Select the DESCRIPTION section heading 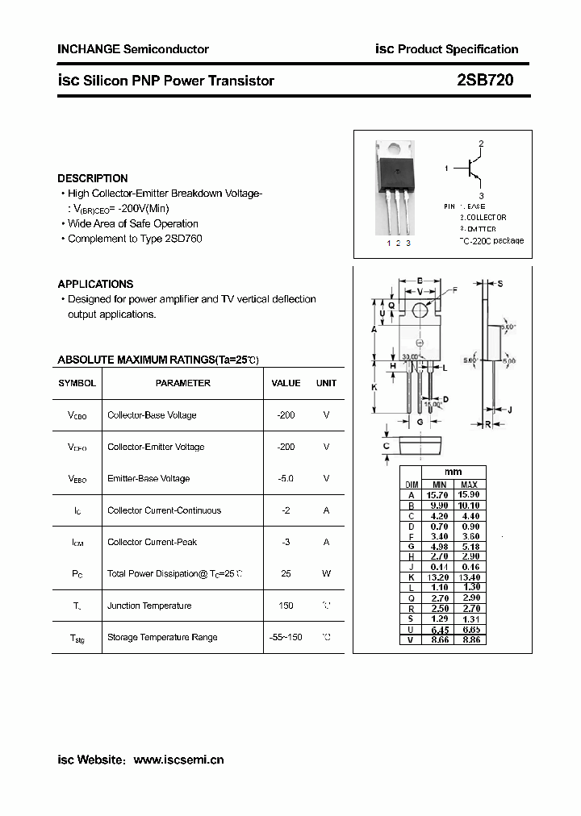tap(93, 178)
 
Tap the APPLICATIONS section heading tap(95, 284)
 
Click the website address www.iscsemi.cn tap(178, 760)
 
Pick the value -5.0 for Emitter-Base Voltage tap(286, 478)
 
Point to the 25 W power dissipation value tap(286, 574)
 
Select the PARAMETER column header tap(183, 383)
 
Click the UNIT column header tap(326, 383)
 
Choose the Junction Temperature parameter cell tap(149, 606)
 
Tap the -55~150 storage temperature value tap(286, 637)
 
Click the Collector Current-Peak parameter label tap(152, 542)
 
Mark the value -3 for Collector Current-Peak tap(286, 542)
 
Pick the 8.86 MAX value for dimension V tap(469, 640)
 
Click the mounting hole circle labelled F tap(420, 310)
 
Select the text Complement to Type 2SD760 tap(135, 239)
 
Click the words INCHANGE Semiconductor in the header tap(133, 49)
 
